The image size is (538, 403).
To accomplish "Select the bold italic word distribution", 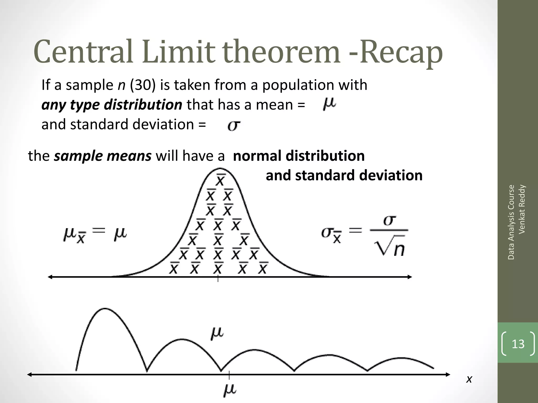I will pyautogui.click(x=143, y=105).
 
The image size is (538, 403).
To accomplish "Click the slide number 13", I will pyautogui.click(x=518, y=344).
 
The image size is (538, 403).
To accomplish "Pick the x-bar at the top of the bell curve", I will pyautogui.click(x=220, y=180).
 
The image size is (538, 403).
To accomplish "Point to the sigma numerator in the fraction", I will pyautogui.click(x=389, y=220).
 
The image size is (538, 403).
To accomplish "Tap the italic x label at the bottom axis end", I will pyautogui.click(x=469, y=379).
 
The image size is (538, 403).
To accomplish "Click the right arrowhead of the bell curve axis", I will pyautogui.click(x=410, y=277).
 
